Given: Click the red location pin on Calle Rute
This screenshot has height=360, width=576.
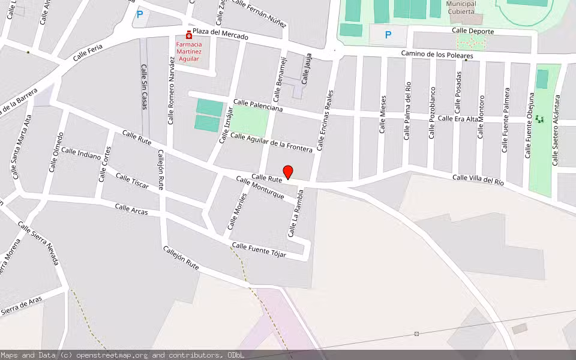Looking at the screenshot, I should click(x=288, y=172).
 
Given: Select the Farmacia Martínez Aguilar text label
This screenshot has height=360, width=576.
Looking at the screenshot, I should click(x=189, y=52).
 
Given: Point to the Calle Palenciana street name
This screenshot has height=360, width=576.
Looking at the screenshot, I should click(x=258, y=106).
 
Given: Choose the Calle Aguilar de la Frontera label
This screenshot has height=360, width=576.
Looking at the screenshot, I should click(x=271, y=142).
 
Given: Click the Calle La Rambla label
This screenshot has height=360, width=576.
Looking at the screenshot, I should click(x=294, y=214).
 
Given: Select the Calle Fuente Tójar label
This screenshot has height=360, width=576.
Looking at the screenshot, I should click(x=259, y=250).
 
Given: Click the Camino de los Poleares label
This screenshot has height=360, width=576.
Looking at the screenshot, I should click(x=437, y=55).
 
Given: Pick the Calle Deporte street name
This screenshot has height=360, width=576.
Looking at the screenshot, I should click(x=473, y=31).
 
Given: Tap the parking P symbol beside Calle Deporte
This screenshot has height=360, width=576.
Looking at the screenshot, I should click(x=388, y=35).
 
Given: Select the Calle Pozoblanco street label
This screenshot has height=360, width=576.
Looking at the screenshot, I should click(x=432, y=113).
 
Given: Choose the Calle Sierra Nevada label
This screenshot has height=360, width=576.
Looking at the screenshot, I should click(x=38, y=244).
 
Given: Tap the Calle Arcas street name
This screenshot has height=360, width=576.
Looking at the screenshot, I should click(x=131, y=209).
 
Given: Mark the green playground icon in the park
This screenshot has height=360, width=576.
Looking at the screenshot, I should click(x=539, y=119).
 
